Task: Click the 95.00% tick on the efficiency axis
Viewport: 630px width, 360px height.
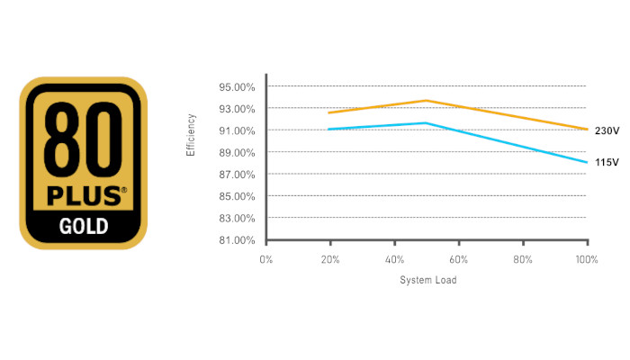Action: pyautogui.click(x=237, y=87)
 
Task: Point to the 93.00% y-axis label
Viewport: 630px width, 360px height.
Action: pyautogui.click(x=237, y=109)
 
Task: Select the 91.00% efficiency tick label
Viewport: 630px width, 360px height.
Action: pyautogui.click(x=237, y=130)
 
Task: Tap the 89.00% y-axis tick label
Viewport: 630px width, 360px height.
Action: pyautogui.click(x=237, y=152)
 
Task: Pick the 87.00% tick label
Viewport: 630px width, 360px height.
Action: pyautogui.click(x=237, y=174)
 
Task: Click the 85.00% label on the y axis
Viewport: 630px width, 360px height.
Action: pyautogui.click(x=237, y=196)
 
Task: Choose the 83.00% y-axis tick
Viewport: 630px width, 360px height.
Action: pyautogui.click(x=237, y=218)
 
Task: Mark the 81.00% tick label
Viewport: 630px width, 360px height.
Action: pyautogui.click(x=237, y=239)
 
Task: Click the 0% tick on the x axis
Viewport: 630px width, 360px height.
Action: pyautogui.click(x=265, y=259)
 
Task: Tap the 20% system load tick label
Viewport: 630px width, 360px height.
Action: pyautogui.click(x=329, y=259)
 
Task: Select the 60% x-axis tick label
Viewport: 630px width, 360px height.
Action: pyautogui.click(x=458, y=259)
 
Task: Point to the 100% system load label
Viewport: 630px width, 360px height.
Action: pyautogui.click(x=587, y=259)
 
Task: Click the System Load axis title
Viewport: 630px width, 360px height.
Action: pyautogui.click(x=427, y=280)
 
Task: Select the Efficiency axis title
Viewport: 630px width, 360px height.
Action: pyautogui.click(x=191, y=135)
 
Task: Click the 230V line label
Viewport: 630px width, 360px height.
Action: pyautogui.click(x=607, y=130)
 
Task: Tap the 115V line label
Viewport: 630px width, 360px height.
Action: pyautogui.click(x=607, y=162)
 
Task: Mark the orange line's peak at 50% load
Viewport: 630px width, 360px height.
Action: pyautogui.click(x=427, y=100)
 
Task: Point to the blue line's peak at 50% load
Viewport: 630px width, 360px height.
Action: pyautogui.click(x=427, y=122)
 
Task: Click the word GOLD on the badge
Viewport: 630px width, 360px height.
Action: pyautogui.click(x=83, y=224)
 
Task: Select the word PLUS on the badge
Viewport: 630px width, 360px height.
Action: pyautogui.click(x=79, y=195)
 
